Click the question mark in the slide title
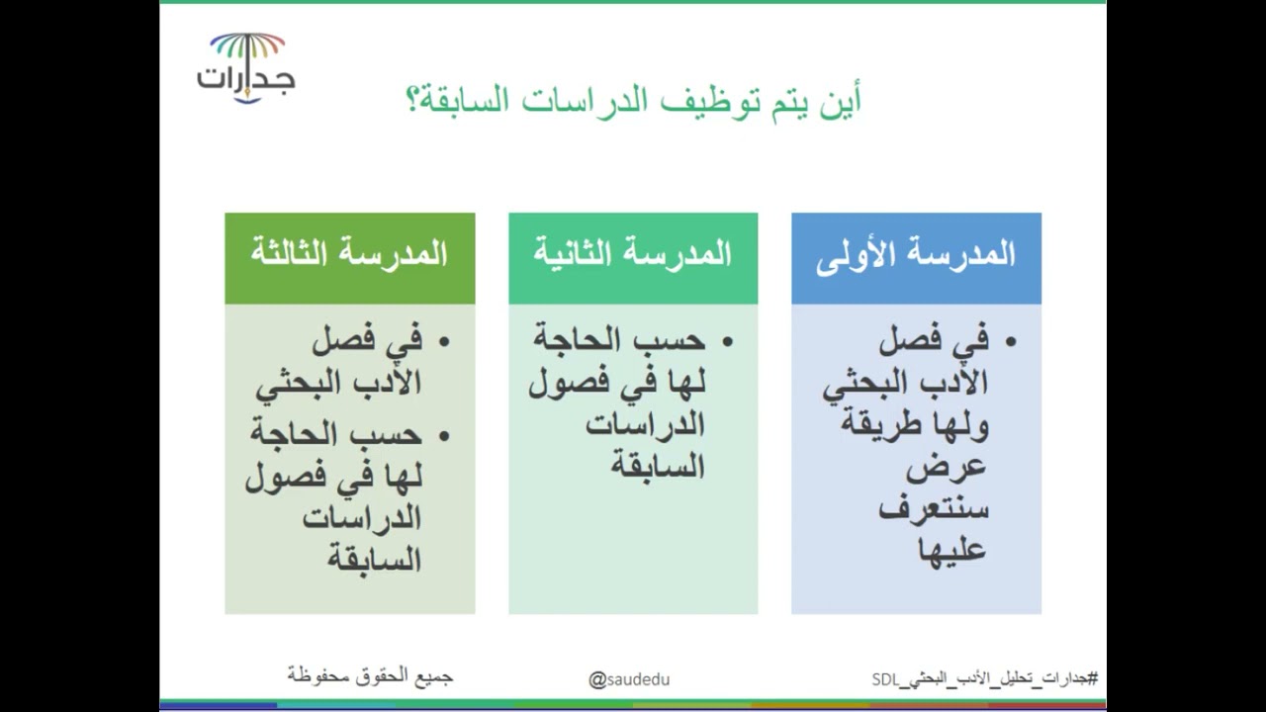[x=414, y=101]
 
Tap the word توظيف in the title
[x=704, y=101]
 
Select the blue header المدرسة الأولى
[x=916, y=255]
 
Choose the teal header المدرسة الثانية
[x=633, y=255]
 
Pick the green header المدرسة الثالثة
[x=349, y=255]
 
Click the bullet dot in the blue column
[x=1010, y=342]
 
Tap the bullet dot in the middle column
[x=727, y=342]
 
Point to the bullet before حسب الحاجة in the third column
[x=443, y=435]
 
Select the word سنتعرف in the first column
[x=934, y=509]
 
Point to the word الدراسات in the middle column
[x=645, y=424]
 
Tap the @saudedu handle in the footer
[x=629, y=679]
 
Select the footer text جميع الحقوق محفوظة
[x=370, y=675]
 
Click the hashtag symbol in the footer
[x=1092, y=678]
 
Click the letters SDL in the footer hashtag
[x=884, y=679]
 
